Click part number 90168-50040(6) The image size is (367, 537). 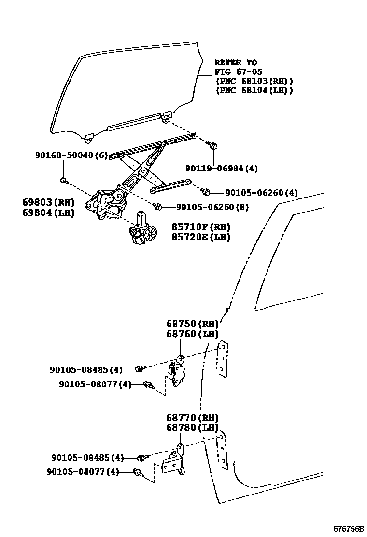(x=71, y=155)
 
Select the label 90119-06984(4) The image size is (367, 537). (x=222, y=169)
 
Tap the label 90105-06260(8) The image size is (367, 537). (x=212, y=207)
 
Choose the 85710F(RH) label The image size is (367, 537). (x=201, y=227)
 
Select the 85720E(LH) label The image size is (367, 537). (x=201, y=237)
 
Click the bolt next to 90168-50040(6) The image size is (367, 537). (x=64, y=181)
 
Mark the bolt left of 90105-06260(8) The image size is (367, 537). (x=157, y=207)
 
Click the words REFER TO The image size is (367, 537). (x=236, y=63)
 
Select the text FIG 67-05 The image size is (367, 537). (x=239, y=72)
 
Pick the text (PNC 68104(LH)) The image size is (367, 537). (x=254, y=90)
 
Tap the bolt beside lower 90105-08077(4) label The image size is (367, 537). (x=137, y=473)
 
